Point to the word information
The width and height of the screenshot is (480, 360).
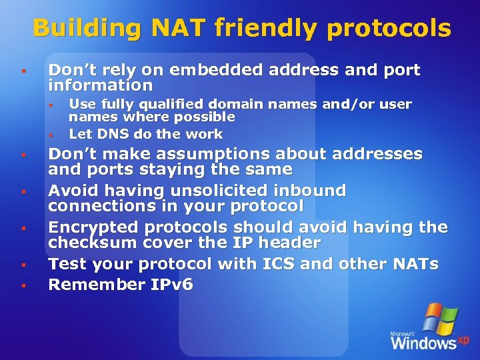click(x=101, y=85)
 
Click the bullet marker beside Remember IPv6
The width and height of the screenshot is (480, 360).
click(x=23, y=286)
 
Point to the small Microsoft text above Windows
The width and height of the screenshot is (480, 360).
click(x=404, y=332)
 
